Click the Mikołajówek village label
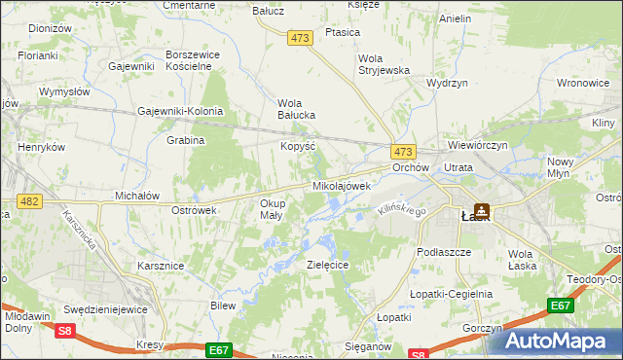[342, 185]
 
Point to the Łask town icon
[483, 210]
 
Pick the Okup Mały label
[272, 209]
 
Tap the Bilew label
[224, 305]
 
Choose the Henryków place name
[41, 147]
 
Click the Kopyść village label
[297, 145]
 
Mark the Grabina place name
[185, 140]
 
